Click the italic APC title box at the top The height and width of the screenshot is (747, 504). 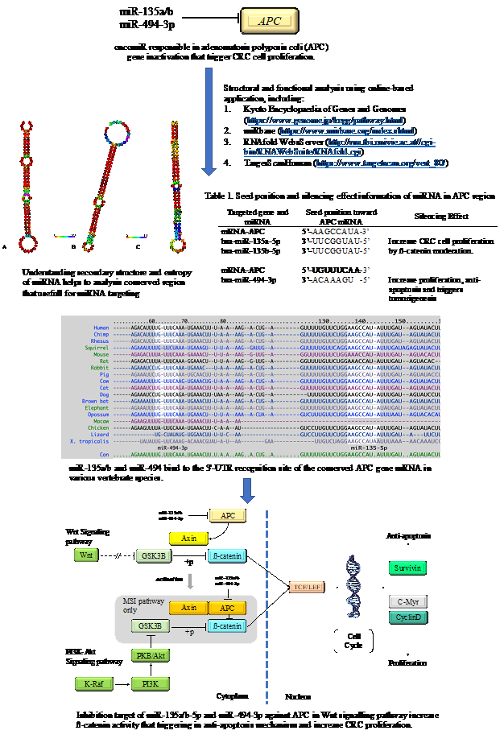click(270, 21)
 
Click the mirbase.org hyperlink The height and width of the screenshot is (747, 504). click(347, 130)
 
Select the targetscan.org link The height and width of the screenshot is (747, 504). click(381, 163)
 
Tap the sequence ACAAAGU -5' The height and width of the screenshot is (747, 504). click(341, 279)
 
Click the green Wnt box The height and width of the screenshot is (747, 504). click(85, 555)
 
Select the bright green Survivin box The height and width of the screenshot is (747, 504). click(407, 567)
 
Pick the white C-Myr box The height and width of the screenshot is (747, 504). click(407, 601)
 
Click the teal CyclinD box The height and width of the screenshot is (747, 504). click(407, 617)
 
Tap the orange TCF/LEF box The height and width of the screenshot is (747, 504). click(306, 587)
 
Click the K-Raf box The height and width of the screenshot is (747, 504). click(94, 684)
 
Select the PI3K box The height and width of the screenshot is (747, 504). click(150, 684)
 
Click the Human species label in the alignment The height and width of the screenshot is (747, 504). click(101, 328)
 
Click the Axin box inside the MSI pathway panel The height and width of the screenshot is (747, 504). click(189, 608)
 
